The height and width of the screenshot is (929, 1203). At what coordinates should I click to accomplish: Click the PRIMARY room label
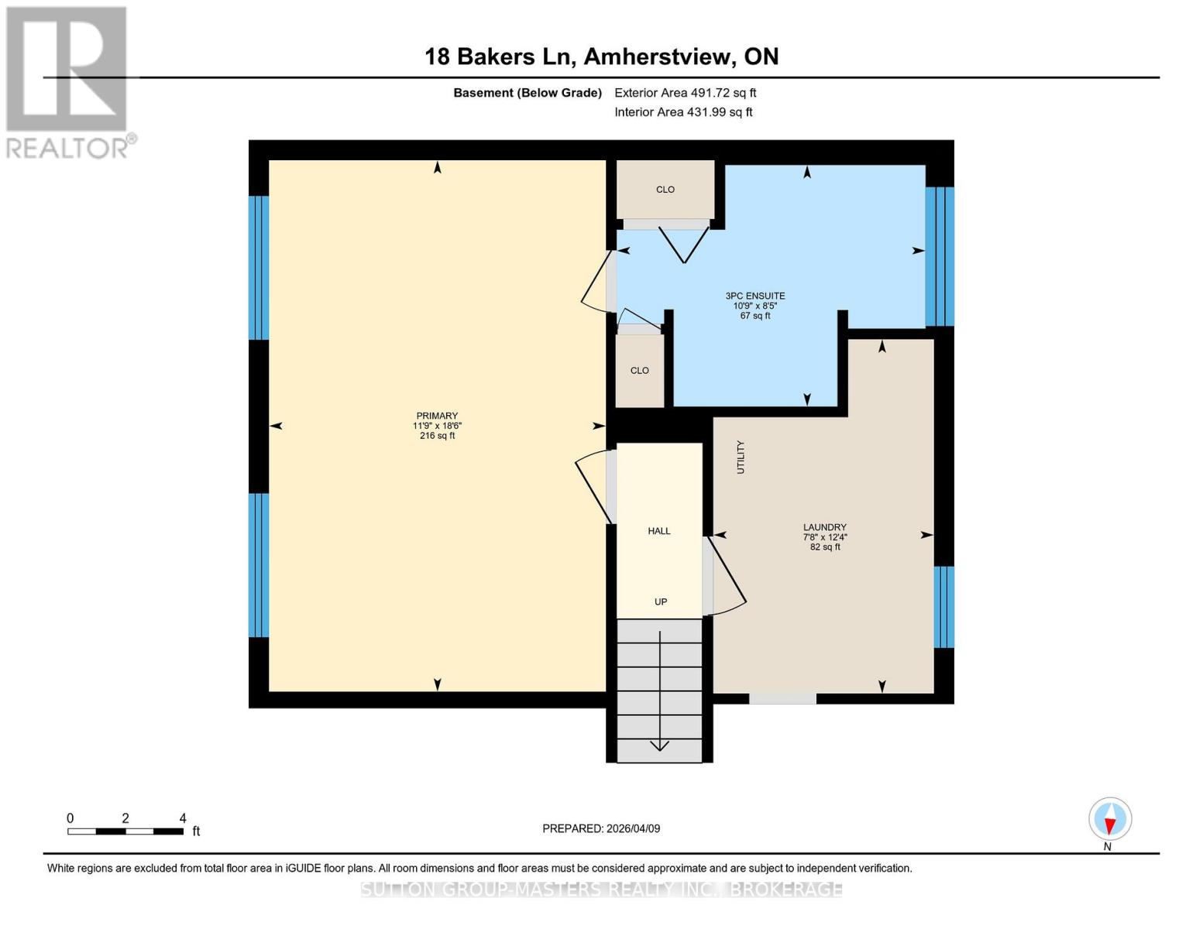coord(437,416)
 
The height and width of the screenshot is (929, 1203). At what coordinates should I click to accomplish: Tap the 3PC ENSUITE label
coord(754,296)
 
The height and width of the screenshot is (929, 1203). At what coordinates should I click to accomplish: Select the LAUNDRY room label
coord(824,527)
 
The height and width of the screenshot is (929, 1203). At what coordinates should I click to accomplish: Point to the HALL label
coord(659,531)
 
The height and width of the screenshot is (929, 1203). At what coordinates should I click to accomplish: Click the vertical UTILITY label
coord(741,457)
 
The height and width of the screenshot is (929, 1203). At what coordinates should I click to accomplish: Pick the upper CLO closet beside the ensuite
coord(665,190)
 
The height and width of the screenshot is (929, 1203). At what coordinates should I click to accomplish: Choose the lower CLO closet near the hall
coord(640,371)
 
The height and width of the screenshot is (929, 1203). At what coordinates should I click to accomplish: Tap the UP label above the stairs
coord(661,602)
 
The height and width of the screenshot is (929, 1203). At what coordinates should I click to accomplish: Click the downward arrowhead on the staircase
coord(659,746)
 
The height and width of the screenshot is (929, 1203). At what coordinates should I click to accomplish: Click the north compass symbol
coord(1110,819)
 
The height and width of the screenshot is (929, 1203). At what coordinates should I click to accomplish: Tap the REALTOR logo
coord(68,81)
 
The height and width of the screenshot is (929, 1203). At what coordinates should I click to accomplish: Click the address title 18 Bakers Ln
coord(601,57)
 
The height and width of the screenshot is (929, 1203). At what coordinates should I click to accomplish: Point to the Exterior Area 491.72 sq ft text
coord(685,93)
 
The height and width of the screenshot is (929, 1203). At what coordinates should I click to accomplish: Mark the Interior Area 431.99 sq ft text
coord(683,112)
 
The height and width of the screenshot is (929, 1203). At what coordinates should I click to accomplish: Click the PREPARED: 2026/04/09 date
coord(601,828)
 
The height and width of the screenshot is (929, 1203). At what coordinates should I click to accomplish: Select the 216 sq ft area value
coord(437,436)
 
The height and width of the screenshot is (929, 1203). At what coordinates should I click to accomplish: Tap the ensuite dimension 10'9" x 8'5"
coord(754,306)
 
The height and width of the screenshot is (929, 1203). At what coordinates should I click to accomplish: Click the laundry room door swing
coord(727,577)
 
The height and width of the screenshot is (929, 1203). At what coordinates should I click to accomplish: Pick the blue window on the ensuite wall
coord(940,256)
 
